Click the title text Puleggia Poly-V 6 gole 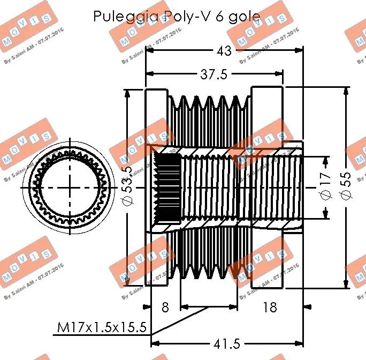(x=177, y=16)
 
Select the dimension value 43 (x=224, y=51)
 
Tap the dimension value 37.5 (x=214, y=74)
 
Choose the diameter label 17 (x=325, y=187)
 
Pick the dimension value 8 (x=165, y=307)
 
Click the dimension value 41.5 (x=226, y=343)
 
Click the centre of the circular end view (x=68, y=187)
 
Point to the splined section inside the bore (x=166, y=187)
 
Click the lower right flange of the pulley (x=267, y=257)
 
